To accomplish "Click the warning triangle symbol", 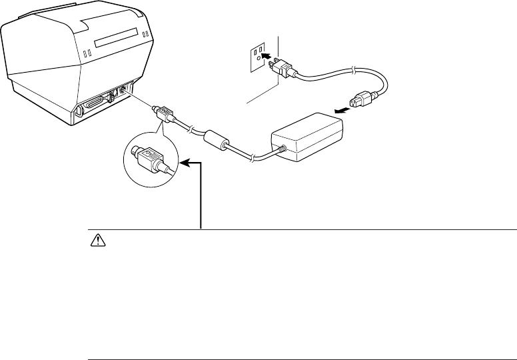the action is tap(94, 243).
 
